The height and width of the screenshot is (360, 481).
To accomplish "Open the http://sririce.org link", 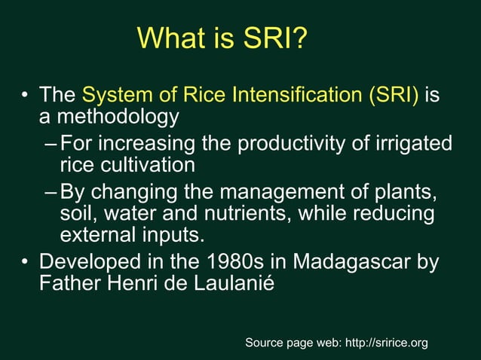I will point(385,343).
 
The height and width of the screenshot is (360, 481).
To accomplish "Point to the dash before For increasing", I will point(50,143).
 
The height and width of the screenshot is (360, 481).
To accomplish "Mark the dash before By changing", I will point(50,191).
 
